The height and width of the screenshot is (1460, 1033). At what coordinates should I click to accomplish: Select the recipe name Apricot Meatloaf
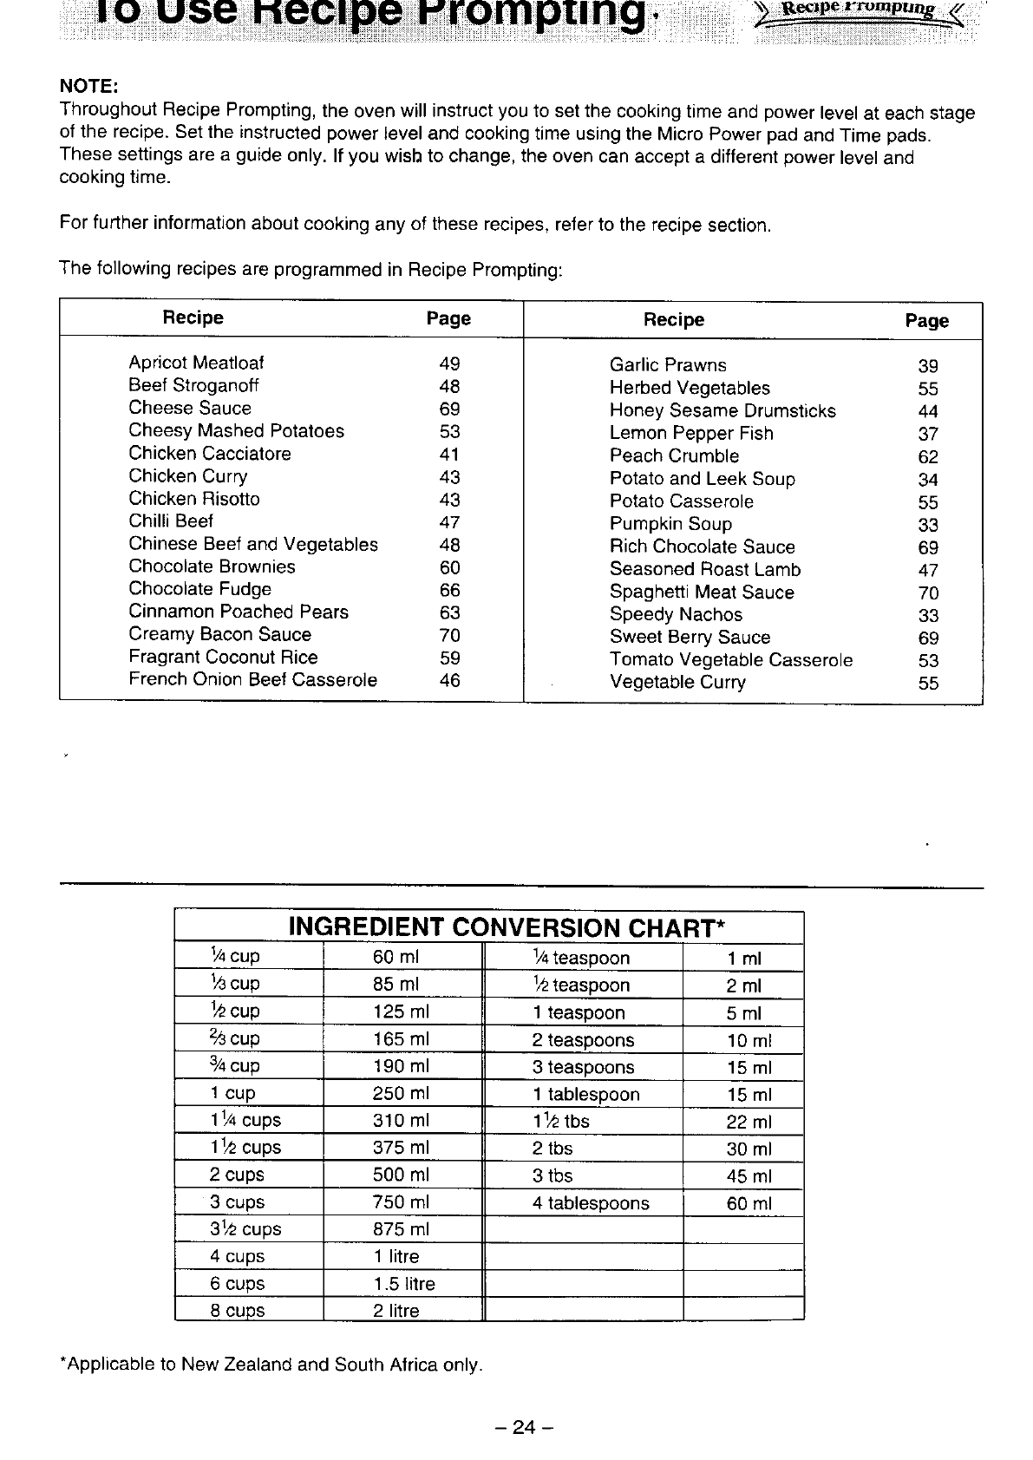[196, 363]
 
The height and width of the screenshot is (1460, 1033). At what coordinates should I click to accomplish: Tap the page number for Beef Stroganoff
[449, 386]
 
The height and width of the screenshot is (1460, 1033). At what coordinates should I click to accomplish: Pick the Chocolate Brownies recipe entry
[212, 566]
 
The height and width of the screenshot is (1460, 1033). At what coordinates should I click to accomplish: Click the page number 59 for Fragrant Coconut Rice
[449, 658]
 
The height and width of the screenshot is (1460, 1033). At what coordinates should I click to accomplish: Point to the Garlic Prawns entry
[668, 365]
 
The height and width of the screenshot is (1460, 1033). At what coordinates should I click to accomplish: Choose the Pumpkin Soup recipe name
[670, 524]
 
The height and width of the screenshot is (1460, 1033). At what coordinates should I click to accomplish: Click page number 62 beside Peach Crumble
[928, 457]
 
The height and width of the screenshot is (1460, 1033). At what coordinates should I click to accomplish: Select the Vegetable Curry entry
[677, 682]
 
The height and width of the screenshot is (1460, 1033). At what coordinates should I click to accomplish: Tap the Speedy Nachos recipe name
[676, 614]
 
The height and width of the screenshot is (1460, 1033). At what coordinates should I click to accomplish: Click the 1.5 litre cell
[404, 1283]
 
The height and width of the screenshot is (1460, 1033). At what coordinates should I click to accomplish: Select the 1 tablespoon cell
[586, 1095]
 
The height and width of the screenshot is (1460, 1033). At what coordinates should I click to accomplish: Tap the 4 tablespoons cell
[591, 1203]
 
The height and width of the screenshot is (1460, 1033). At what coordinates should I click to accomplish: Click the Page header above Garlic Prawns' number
[927, 321]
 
